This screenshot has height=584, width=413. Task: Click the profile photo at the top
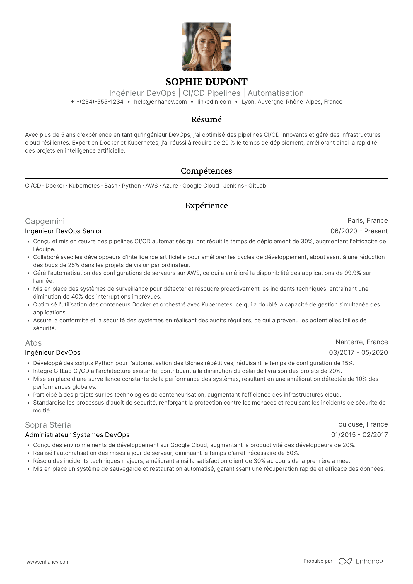coord(206,47)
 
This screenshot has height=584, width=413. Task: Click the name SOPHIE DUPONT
coord(206,82)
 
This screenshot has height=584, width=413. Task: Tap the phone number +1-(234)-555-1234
coord(97,102)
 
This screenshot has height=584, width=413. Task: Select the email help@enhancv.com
coord(160,102)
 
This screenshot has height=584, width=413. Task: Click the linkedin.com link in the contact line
coord(214,102)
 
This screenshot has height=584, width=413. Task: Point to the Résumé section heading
coord(206,119)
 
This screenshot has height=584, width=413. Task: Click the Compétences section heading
coord(206,171)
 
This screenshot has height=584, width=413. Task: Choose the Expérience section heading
coord(206,205)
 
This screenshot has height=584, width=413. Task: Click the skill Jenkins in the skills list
coord(233,186)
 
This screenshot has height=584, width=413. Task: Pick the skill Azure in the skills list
coord(170,186)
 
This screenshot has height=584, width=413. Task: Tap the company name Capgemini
coord(45,221)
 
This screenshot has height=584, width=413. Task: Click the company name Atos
coord(33,343)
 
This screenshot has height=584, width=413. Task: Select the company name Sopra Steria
coord(48,425)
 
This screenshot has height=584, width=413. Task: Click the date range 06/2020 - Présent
coord(359,231)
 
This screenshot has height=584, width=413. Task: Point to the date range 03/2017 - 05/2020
coord(358,353)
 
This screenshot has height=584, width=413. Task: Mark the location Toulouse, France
coord(361,424)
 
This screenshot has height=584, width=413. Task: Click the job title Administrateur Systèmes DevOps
coord(77,435)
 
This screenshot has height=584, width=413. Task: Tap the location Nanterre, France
coord(361,342)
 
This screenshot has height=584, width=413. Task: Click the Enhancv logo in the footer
coord(361,561)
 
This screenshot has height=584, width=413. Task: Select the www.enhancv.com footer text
coord(48,562)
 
